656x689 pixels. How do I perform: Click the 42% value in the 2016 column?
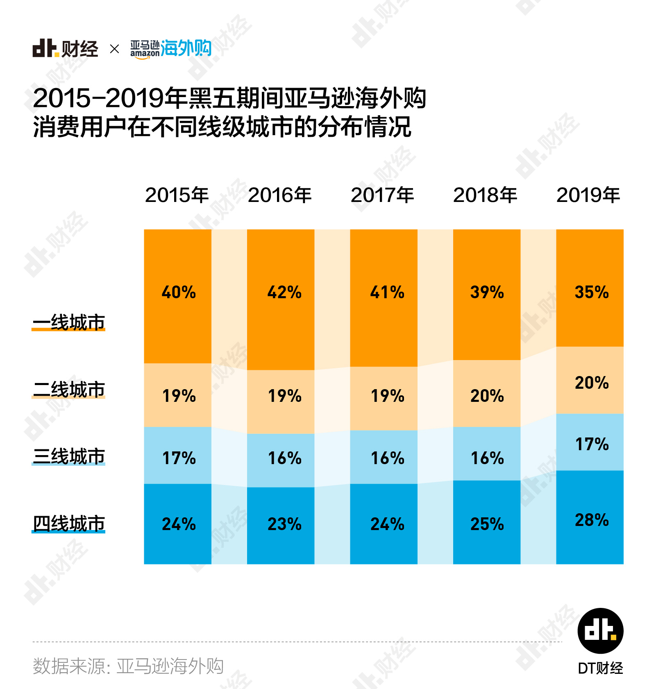click(284, 292)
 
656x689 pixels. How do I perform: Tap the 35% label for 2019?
click(591, 292)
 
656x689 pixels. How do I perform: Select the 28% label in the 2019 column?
click(592, 520)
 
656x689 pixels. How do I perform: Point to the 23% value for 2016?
click(284, 524)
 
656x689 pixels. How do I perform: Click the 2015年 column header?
click(177, 195)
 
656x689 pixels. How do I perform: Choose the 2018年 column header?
click(485, 195)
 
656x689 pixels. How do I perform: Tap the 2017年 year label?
click(383, 195)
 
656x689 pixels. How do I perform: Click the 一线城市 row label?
click(69, 322)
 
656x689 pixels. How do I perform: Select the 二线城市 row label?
click(69, 389)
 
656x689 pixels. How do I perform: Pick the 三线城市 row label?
click(69, 456)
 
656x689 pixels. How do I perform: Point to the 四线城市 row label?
click(69, 523)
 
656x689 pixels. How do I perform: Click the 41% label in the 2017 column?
click(387, 292)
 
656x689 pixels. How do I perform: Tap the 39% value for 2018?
click(487, 292)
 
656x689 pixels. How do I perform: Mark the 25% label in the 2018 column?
click(487, 524)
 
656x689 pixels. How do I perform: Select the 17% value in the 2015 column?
click(179, 458)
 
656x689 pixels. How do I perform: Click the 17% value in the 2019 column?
click(592, 444)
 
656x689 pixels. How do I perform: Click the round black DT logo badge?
click(600, 631)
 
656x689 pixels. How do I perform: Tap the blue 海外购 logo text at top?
click(186, 48)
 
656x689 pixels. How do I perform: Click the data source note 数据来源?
click(128, 666)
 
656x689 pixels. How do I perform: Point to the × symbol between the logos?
click(115, 49)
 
